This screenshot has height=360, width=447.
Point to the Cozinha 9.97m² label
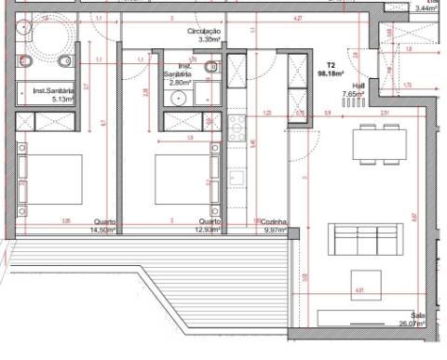[274, 226]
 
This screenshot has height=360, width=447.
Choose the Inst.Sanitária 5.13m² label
[52, 94]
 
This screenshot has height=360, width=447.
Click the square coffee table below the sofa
[366, 283]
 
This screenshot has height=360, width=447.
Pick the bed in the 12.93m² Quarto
[182, 179]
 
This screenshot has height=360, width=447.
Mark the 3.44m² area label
[429, 7]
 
